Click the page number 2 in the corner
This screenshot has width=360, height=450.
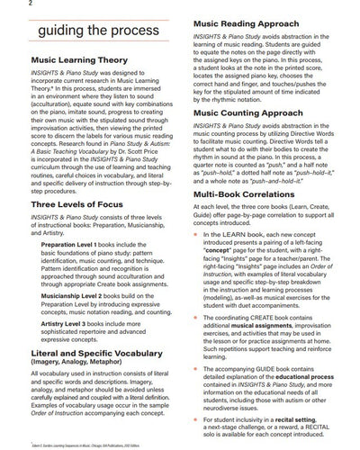point(5,4)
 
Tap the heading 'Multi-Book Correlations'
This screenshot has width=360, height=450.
point(248,219)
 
